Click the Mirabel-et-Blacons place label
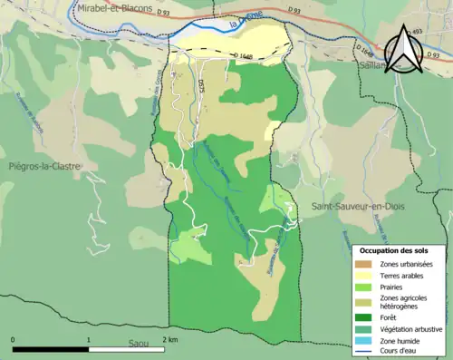click(114, 7)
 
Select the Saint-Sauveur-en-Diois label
click(358, 207)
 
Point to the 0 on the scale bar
click(13, 339)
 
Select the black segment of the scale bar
click(51, 348)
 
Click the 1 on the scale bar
click(88, 339)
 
